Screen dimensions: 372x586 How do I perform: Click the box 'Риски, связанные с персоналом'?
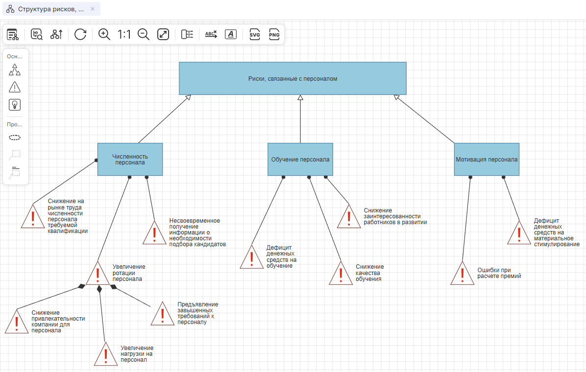click(293, 78)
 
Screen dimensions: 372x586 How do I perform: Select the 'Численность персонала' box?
click(130, 159)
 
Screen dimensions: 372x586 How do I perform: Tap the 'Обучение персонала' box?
click(300, 159)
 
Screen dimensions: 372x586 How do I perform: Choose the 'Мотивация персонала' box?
click(487, 159)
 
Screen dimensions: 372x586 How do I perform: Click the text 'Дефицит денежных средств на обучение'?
click(281, 256)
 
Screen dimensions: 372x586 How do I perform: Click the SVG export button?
click(255, 34)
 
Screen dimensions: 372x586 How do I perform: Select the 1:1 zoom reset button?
click(124, 34)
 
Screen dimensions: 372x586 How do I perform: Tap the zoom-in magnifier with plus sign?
click(104, 34)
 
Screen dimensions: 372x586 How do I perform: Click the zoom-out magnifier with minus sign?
click(144, 34)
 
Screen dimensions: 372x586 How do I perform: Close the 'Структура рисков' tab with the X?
click(93, 9)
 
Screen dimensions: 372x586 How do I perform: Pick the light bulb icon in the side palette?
click(15, 105)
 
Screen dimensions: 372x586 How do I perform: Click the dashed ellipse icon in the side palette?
click(15, 138)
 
